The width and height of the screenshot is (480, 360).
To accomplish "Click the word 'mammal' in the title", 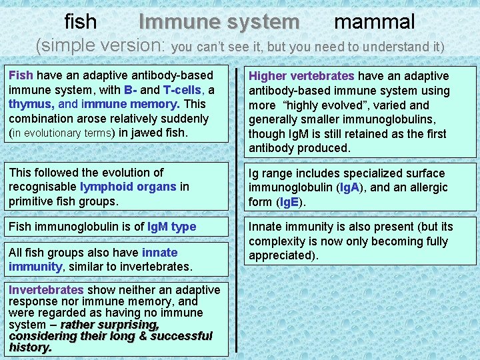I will point(374,21).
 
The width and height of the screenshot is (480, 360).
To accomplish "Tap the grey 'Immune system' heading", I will point(219,22).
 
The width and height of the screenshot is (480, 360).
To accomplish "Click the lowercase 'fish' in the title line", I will point(81,22).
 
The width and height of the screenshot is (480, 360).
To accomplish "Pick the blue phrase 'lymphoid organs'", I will point(127,187).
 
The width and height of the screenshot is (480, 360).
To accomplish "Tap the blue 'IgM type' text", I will point(171,227).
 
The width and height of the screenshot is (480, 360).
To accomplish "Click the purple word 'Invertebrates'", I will point(46,290).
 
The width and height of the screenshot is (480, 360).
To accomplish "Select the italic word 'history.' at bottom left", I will point(30,347).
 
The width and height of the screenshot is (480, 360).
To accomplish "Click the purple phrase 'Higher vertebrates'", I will point(301,76).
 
